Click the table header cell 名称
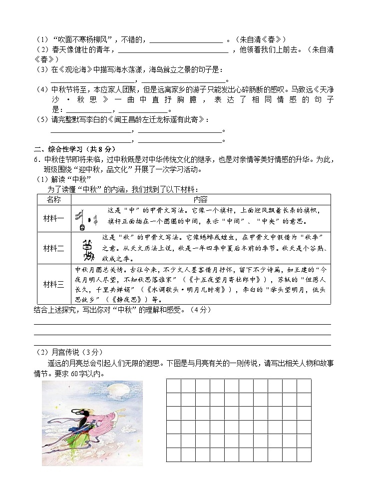click(x=53, y=199)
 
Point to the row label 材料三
click(x=53, y=284)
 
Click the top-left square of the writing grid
click(x=173, y=386)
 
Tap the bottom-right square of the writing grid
click(x=304, y=455)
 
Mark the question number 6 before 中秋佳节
click(x=36, y=159)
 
